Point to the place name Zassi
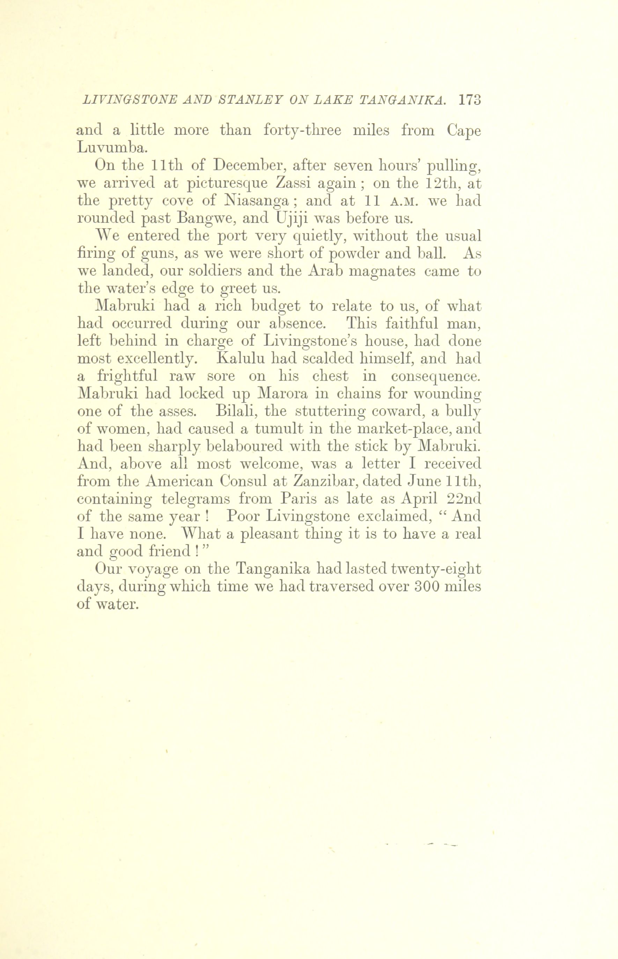(294, 183)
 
